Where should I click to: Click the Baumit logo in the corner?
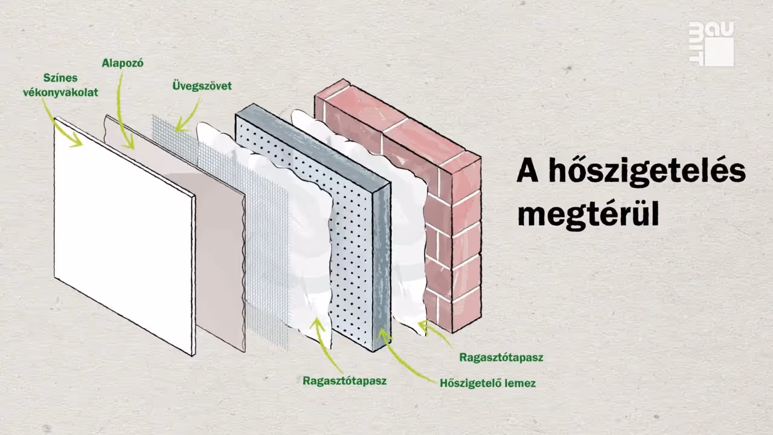(x=711, y=43)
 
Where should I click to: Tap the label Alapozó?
(x=123, y=62)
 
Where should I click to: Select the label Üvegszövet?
(x=202, y=86)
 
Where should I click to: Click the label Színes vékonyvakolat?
(x=60, y=85)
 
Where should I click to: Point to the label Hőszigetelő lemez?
(x=487, y=383)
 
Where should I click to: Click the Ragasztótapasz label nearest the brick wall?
(x=501, y=357)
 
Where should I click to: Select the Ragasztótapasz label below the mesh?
(x=344, y=381)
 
